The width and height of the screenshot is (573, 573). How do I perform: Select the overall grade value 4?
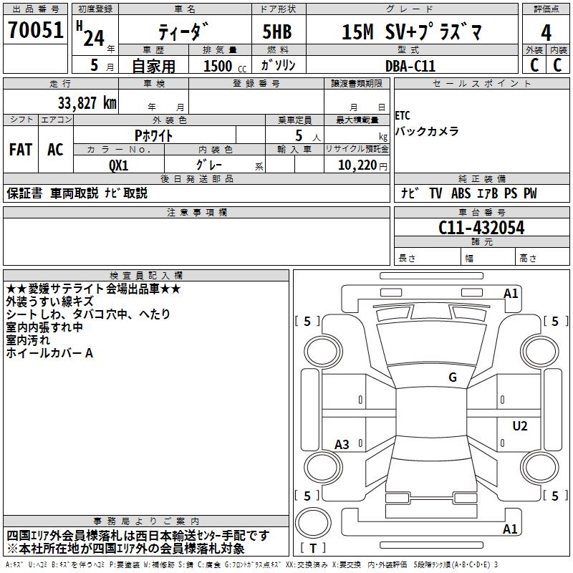[546, 32]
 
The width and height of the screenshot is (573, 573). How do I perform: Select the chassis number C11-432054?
[481, 228]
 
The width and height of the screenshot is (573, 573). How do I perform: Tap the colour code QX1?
[119, 164]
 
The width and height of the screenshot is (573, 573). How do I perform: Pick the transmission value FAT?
[20, 150]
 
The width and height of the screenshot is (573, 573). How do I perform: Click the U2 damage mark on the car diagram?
[520, 426]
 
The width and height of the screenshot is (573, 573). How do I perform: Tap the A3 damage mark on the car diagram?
[342, 445]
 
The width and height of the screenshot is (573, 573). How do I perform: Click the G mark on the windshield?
[453, 377]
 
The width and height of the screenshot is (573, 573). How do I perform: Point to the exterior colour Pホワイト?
[154, 135]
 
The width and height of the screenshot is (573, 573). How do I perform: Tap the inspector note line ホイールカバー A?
[50, 353]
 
